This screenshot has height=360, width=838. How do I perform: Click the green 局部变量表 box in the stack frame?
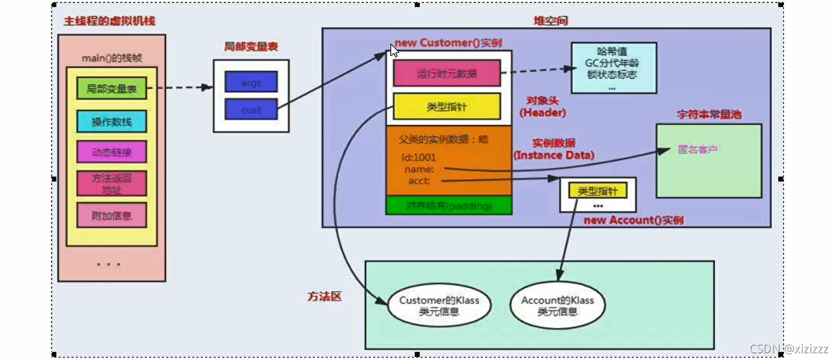111,88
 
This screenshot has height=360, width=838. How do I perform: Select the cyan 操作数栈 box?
111,122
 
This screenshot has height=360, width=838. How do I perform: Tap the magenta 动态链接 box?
111,152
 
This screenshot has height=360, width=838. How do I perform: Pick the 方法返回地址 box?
111,183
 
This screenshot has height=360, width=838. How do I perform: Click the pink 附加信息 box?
111,215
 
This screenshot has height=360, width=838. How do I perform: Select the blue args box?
251,82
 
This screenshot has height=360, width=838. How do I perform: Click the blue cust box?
251,110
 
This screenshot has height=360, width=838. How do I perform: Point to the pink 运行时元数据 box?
446,74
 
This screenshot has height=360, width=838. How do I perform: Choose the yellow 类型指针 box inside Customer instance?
446,106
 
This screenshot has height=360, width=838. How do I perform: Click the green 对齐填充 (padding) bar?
448,206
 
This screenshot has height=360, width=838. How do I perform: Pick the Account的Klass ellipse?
557,306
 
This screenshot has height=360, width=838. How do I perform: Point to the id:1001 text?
419,157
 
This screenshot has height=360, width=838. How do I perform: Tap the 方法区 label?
324,296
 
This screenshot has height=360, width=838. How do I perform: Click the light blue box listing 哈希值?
613,68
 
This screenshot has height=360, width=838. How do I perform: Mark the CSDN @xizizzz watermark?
789,348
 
